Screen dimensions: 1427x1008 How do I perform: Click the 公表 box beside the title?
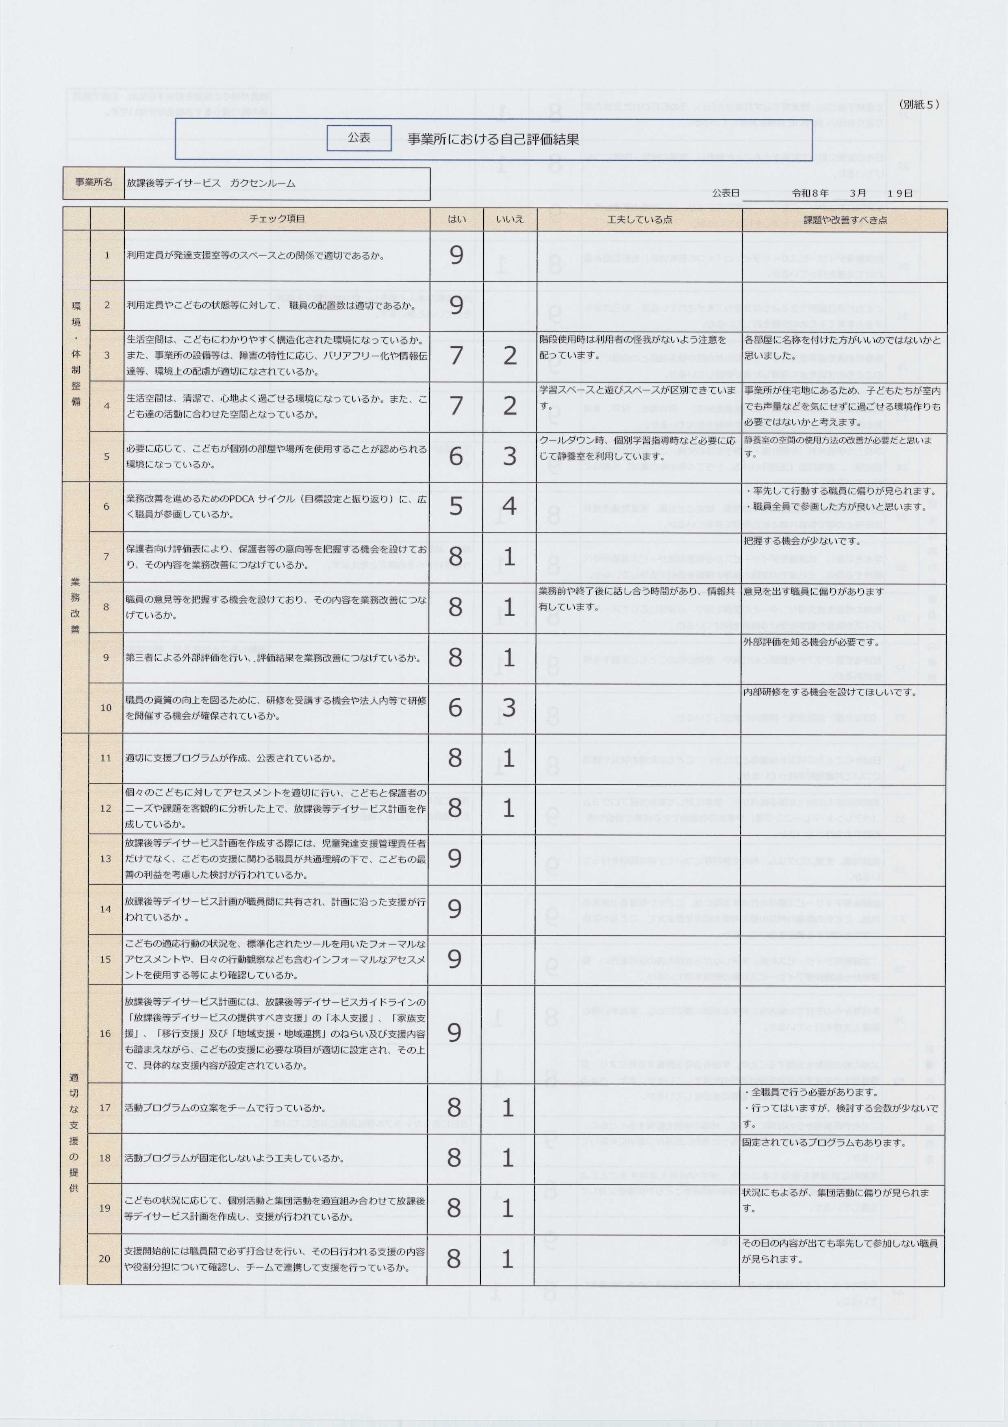[x=358, y=138]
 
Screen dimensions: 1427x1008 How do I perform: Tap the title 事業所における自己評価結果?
[x=493, y=139]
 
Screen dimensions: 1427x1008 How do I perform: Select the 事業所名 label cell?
[x=94, y=183]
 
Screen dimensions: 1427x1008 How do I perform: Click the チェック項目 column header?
[x=277, y=219]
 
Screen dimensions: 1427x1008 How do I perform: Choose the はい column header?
[x=456, y=219]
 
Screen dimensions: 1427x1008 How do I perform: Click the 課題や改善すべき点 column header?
[x=845, y=219]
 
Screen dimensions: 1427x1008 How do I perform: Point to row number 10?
[x=106, y=707]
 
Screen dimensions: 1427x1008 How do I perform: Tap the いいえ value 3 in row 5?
[x=509, y=456]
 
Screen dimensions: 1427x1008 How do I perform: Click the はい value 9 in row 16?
[x=455, y=1032]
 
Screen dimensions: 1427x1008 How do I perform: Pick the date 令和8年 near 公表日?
[x=810, y=193]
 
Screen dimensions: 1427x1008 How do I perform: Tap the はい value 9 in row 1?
[x=456, y=255]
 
